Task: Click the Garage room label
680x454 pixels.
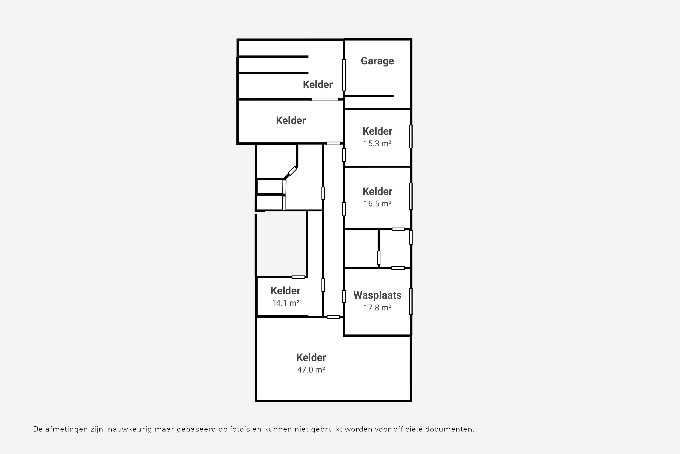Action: (x=377, y=61)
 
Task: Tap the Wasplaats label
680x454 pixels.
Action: (x=377, y=295)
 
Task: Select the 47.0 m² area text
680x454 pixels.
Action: (x=311, y=370)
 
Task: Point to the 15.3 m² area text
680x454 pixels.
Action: (x=377, y=144)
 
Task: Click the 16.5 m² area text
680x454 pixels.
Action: (x=377, y=204)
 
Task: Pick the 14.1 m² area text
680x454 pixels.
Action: (x=285, y=303)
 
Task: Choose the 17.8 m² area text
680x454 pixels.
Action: (x=377, y=308)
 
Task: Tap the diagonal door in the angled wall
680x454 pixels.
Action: (x=292, y=171)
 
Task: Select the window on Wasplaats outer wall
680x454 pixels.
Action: (x=411, y=301)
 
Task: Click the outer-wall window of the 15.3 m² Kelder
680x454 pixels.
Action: (x=411, y=136)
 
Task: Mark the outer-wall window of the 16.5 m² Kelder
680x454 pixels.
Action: (x=411, y=196)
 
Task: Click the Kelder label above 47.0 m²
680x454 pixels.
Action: (x=311, y=358)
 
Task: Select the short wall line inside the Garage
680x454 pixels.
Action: (x=369, y=96)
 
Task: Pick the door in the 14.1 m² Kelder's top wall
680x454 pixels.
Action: (x=298, y=277)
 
